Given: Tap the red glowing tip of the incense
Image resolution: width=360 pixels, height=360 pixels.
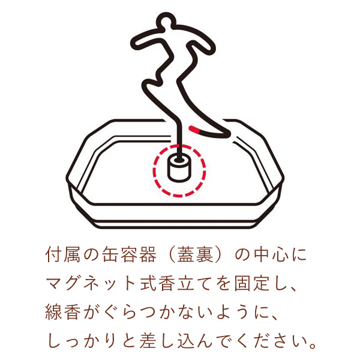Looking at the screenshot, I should [194, 128].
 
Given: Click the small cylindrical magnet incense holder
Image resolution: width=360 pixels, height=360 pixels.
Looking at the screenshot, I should [179, 167].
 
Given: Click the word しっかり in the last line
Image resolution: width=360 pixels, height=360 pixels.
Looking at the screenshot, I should [82, 341].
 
